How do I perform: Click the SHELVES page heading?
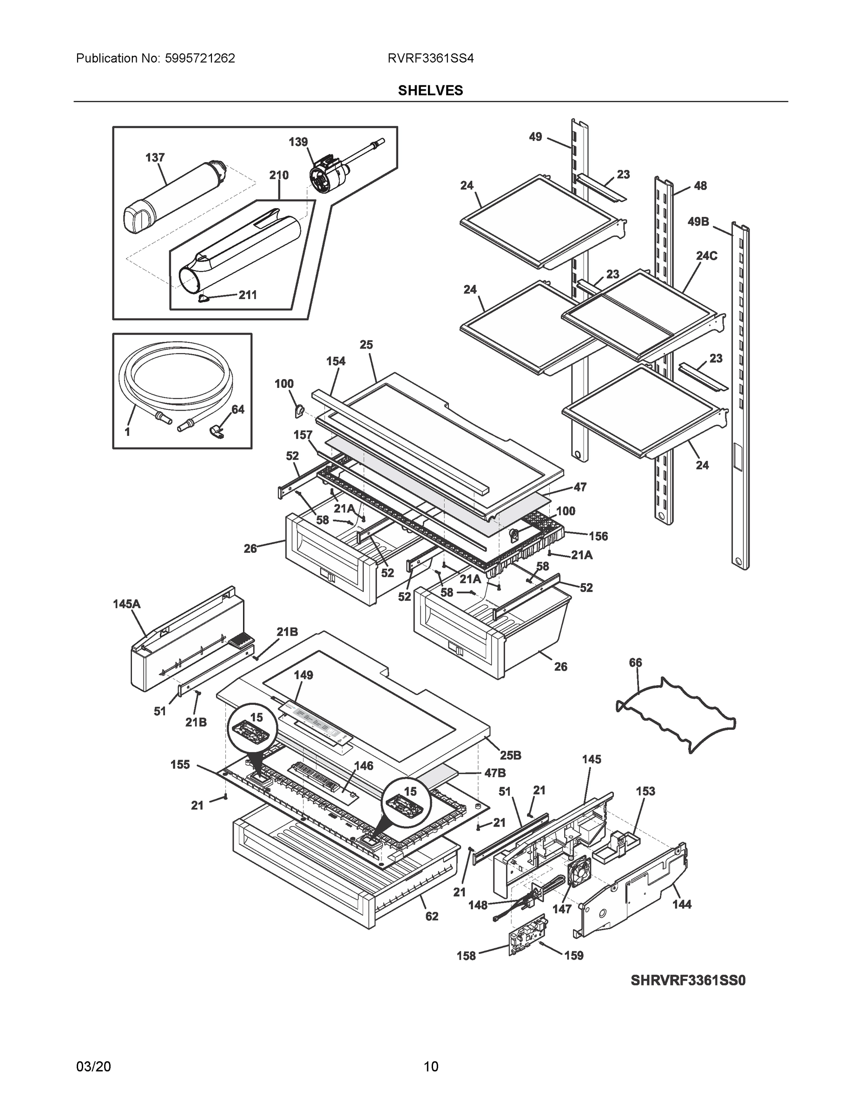(430, 91)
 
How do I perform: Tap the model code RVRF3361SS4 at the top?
(430, 59)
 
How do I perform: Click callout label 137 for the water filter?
(155, 158)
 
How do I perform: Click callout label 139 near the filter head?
(298, 142)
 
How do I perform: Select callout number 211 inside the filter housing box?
(248, 295)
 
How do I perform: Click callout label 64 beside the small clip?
(238, 409)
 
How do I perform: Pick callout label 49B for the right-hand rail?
(698, 222)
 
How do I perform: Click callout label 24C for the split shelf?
(706, 256)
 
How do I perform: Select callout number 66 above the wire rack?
(635, 662)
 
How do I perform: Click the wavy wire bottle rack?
(677, 715)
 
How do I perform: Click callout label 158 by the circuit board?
(466, 956)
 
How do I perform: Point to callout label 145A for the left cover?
(127, 604)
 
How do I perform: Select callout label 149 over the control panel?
(303, 675)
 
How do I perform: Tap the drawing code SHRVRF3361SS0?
(688, 981)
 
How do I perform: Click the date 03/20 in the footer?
(93, 1067)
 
